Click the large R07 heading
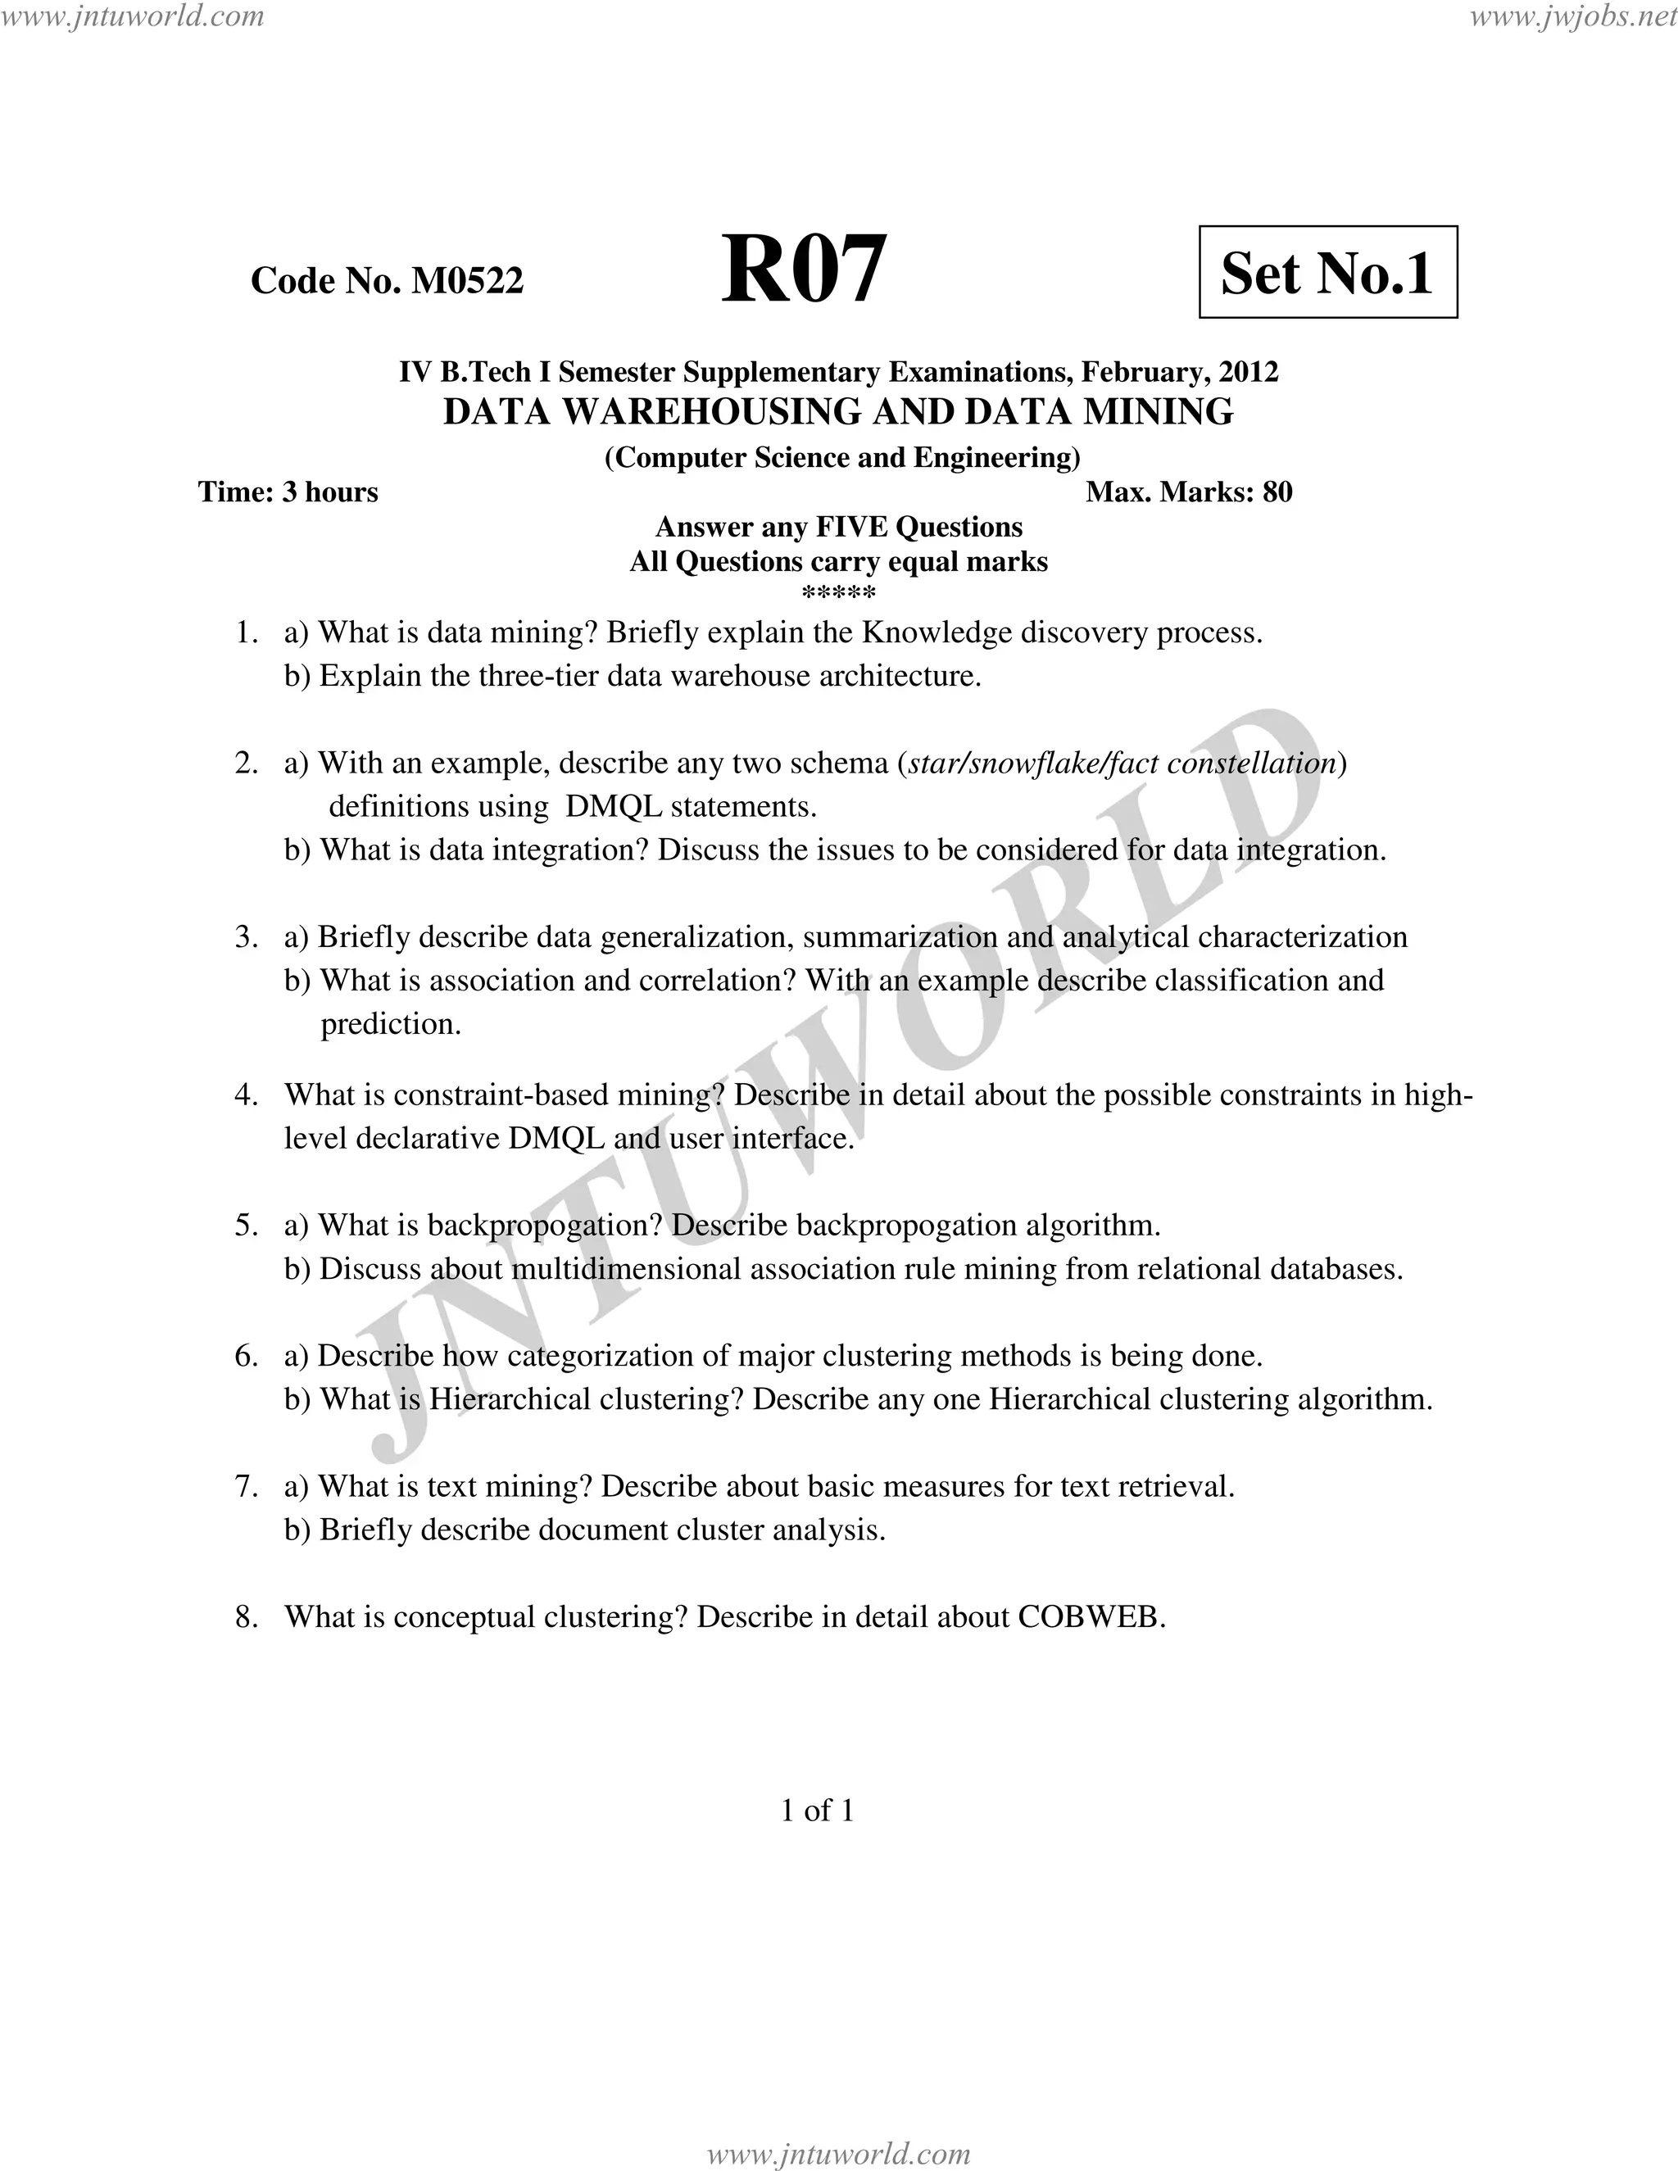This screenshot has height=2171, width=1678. pos(803,270)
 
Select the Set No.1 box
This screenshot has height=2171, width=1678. pos(1327,272)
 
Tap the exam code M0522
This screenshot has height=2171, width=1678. pos(467,281)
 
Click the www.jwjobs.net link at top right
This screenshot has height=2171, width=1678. pos(1571,16)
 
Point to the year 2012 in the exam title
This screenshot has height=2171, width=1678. pos(1249,372)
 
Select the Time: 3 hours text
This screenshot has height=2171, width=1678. pos(288,492)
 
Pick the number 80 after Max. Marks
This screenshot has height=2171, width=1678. pos(1277,492)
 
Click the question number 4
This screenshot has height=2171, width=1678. pos(246,1095)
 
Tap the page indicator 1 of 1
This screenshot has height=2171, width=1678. pos(817,1811)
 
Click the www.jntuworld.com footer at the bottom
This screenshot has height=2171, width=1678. pos(838,2153)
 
